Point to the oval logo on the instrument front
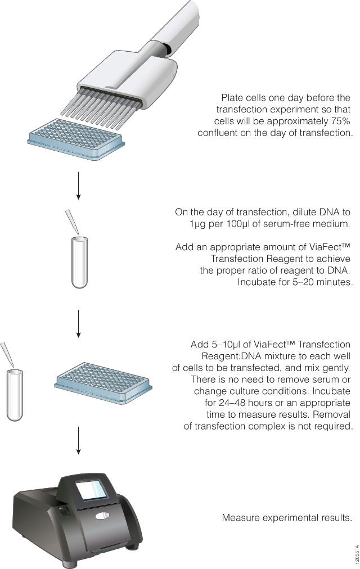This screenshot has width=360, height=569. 102,516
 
